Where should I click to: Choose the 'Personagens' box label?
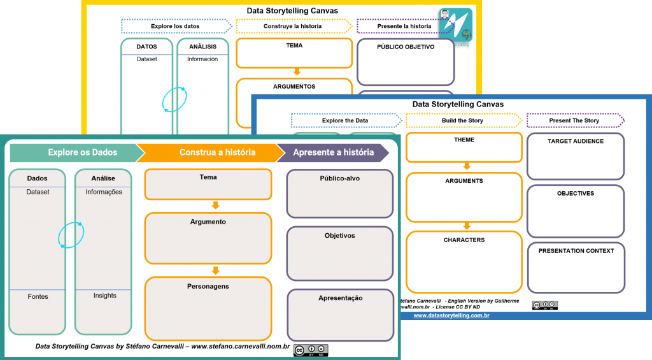208,287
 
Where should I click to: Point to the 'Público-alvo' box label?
339,179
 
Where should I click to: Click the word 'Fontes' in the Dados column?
38,297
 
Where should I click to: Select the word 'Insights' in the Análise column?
104,296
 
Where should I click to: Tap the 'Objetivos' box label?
339,236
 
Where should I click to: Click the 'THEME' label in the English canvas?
464,140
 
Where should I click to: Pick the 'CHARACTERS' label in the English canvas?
464,240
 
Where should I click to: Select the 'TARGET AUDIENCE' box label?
576,141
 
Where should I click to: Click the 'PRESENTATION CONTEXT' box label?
576,251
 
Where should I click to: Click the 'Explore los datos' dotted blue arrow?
176,26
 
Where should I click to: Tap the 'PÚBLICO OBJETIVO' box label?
406,47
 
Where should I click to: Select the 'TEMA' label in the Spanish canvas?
294,46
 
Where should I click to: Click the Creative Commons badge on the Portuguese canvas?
311,350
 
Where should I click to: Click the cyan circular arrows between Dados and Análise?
70,235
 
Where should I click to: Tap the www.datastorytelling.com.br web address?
451,315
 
